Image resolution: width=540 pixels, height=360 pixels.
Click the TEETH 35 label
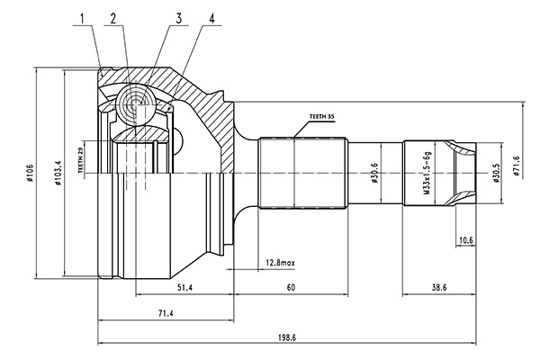[x=321, y=117]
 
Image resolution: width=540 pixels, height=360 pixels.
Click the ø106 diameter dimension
[x=30, y=172]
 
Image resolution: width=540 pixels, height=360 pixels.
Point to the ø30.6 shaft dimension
[x=373, y=172]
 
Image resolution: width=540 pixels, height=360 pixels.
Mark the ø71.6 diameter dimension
[x=516, y=168]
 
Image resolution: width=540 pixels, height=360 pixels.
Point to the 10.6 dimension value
[x=465, y=239]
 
